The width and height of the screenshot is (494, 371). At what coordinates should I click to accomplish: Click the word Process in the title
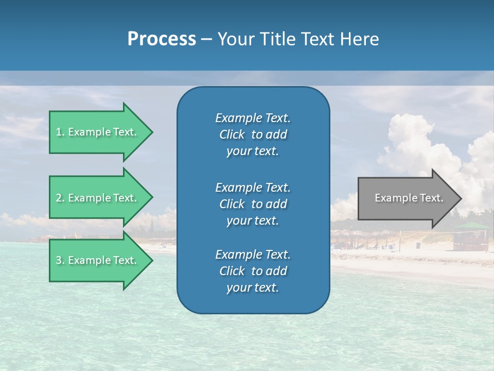click(162, 39)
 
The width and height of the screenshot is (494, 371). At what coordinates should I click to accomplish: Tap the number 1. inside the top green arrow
click(60, 132)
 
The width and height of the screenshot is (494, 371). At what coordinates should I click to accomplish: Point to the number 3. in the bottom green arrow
click(60, 261)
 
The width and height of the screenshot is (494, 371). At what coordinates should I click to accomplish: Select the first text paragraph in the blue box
click(253, 134)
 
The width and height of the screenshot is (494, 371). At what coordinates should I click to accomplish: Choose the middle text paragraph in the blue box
click(253, 204)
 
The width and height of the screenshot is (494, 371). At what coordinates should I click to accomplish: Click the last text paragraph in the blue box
click(253, 271)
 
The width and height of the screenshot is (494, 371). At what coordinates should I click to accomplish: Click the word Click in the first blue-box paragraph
click(232, 135)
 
